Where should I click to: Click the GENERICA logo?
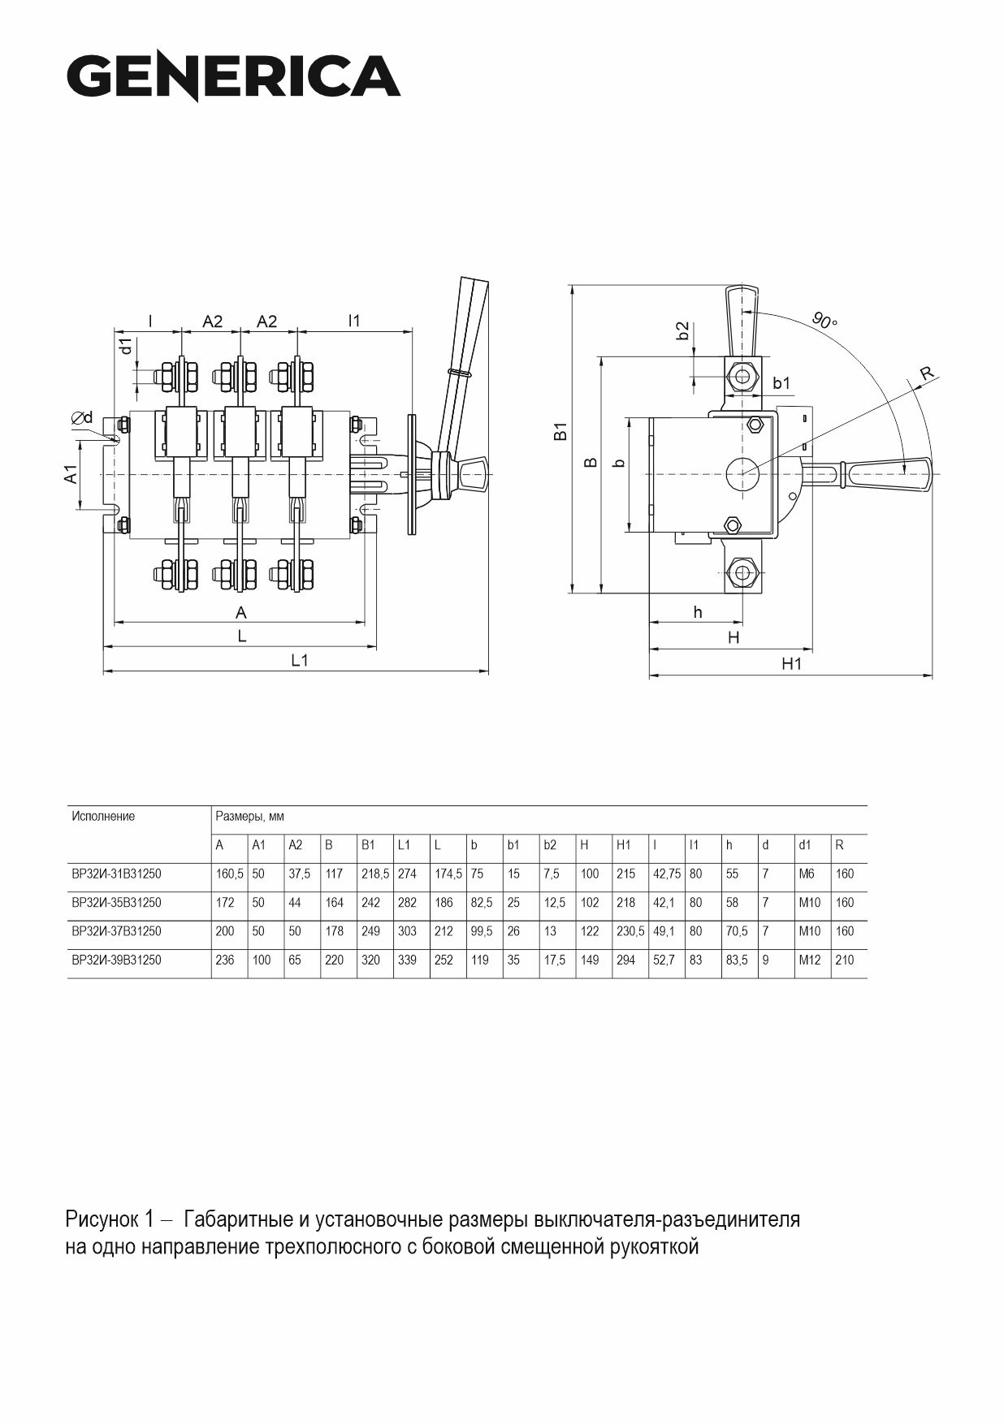(233, 77)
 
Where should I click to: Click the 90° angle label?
(824, 321)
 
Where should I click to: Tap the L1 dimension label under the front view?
(300, 661)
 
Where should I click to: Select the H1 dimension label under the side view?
(791, 664)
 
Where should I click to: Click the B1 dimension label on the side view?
(561, 431)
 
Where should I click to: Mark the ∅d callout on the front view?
(82, 417)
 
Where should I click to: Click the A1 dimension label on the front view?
(71, 474)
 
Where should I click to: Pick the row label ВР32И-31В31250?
(116, 874)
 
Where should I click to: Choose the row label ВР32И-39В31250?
(116, 960)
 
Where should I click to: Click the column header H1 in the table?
(624, 845)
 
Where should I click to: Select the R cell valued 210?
(845, 960)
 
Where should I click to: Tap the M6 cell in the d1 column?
(807, 874)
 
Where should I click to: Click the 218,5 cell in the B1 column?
(374, 874)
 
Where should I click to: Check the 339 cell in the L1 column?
(407, 960)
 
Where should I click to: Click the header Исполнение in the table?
(103, 816)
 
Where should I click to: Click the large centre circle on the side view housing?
(742, 473)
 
